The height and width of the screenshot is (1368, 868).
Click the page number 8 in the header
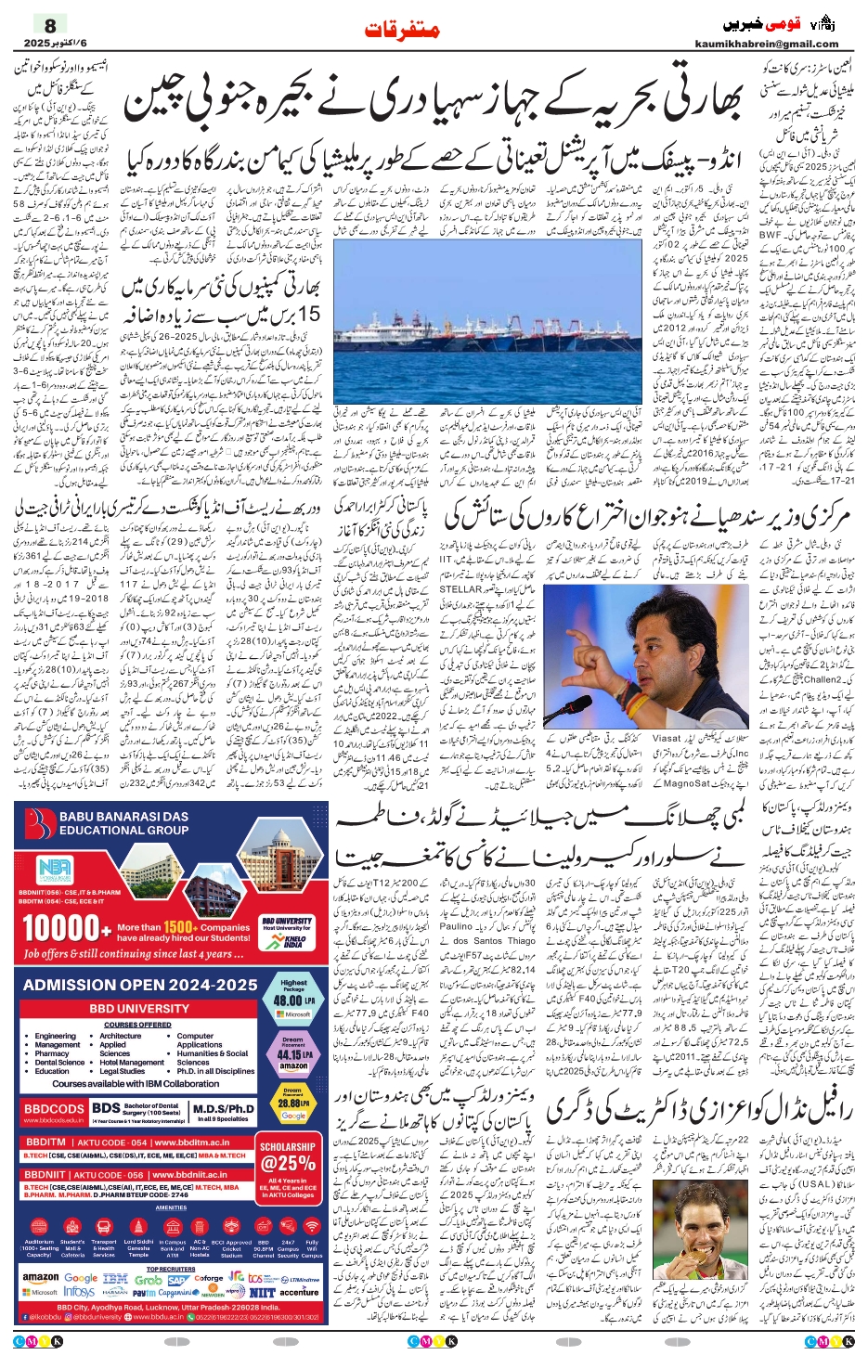(x=50, y=26)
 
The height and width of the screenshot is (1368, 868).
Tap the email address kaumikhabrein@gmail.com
(x=766, y=44)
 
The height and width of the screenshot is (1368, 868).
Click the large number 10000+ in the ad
(x=60, y=927)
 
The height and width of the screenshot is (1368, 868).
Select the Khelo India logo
(x=293, y=940)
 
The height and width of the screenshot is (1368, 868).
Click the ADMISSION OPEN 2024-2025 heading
(x=140, y=984)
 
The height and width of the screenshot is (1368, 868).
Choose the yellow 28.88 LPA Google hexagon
(x=293, y=1104)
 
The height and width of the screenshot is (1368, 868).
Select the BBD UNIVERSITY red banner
(x=139, y=1008)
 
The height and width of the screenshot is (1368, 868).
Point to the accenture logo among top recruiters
(x=298, y=1292)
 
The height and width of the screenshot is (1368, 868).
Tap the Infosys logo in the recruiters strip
(x=80, y=1292)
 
